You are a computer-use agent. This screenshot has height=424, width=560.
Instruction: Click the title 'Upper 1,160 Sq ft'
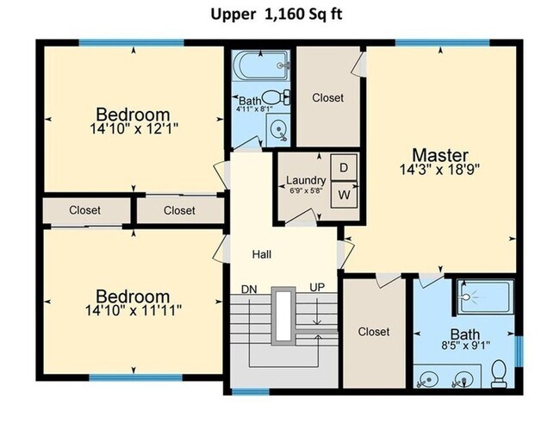click(x=281, y=15)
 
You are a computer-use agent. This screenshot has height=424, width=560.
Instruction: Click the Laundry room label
click(x=305, y=181)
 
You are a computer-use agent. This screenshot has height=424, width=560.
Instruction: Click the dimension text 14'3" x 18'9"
click(x=439, y=170)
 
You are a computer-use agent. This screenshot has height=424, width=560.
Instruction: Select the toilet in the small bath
click(x=273, y=97)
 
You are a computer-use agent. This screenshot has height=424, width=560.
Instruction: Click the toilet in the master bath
click(x=497, y=372)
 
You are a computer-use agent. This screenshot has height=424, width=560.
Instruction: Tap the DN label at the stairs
click(x=250, y=289)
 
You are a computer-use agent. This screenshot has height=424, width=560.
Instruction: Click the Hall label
click(x=263, y=255)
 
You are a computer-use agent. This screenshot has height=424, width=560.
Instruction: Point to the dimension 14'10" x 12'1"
click(x=132, y=129)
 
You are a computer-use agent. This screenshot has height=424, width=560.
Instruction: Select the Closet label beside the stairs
click(x=374, y=332)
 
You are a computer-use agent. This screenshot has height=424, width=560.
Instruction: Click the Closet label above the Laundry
click(x=327, y=98)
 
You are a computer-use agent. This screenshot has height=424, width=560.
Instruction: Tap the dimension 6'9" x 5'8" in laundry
click(x=305, y=191)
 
